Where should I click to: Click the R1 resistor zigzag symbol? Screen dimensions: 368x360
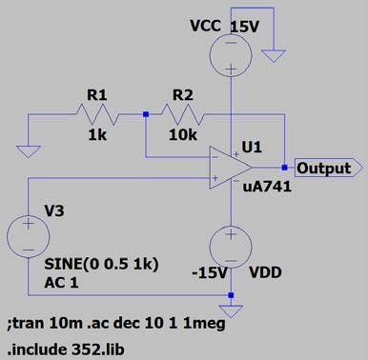pyautogui.click(x=97, y=114)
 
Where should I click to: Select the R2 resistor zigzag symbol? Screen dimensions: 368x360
pyautogui.click(x=183, y=114)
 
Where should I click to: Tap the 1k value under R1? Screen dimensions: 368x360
pyautogui.click(x=97, y=135)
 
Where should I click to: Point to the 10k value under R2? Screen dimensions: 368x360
pyautogui.click(x=183, y=135)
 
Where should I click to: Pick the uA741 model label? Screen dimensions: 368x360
pyautogui.click(x=267, y=187)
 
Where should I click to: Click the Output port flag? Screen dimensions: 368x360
pyautogui.click(x=329, y=168)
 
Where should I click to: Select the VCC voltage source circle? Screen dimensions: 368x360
pyautogui.click(x=231, y=55)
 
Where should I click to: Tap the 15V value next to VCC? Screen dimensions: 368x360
pyautogui.click(x=244, y=27)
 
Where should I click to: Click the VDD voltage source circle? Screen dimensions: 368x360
pyautogui.click(x=231, y=248)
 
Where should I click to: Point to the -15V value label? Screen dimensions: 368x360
pyautogui.click(x=210, y=272)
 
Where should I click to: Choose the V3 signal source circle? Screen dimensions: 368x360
pyautogui.click(x=29, y=236)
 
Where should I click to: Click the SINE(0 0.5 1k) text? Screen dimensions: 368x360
pyautogui.click(x=101, y=264)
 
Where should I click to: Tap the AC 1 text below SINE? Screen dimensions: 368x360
pyautogui.click(x=61, y=282)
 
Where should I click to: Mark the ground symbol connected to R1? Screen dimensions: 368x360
pyautogui.click(x=29, y=151)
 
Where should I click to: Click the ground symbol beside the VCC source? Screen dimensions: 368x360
pyautogui.click(x=274, y=56)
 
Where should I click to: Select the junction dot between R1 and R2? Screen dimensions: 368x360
pyautogui.click(x=146, y=114)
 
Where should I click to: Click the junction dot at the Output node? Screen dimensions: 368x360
pyautogui.click(x=284, y=168)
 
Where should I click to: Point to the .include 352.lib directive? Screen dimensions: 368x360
pyautogui.click(x=66, y=350)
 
